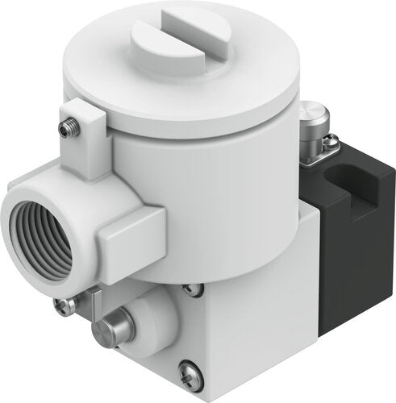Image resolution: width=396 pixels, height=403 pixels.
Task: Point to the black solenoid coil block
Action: pyautogui.click(x=339, y=258)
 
